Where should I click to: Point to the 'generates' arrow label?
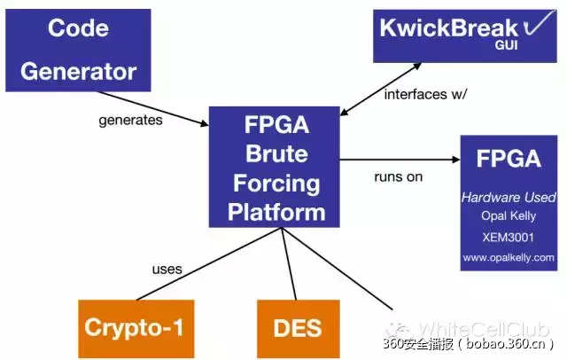(130, 120)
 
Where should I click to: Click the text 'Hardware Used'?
(509, 197)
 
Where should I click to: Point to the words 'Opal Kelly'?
(509, 216)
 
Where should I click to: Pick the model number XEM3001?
(509, 238)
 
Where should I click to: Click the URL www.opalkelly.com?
(509, 258)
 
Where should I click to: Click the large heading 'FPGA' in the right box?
(509, 160)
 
